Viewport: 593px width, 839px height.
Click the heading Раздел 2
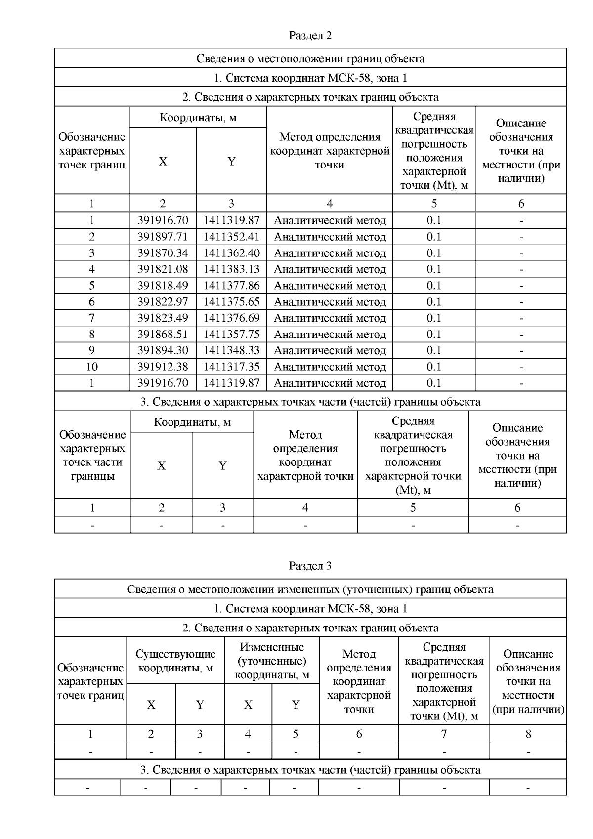(310, 36)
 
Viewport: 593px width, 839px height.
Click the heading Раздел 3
(310, 566)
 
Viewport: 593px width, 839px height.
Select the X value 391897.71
(163, 237)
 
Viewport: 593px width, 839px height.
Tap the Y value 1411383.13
(231, 269)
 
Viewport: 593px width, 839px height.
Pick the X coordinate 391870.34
(163, 253)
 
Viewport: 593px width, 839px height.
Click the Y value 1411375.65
(231, 302)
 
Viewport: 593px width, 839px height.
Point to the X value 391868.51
(163, 334)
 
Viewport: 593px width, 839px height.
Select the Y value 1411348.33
(231, 350)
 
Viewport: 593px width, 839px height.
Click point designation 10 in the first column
(92, 367)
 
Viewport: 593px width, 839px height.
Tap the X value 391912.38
(163, 367)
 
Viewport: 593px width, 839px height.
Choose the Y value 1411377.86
(231, 286)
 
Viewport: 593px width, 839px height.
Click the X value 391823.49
(163, 318)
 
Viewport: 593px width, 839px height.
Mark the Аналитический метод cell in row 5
(330, 286)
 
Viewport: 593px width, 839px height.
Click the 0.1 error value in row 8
(434, 334)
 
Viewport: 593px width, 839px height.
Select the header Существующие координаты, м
(175, 661)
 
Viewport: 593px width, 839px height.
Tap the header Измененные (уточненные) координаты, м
(272, 661)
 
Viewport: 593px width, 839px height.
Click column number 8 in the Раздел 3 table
(528, 734)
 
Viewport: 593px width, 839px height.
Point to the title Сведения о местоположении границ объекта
(310, 59)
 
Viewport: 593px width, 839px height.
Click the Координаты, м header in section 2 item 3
(192, 422)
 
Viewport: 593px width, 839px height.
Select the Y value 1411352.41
(231, 237)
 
